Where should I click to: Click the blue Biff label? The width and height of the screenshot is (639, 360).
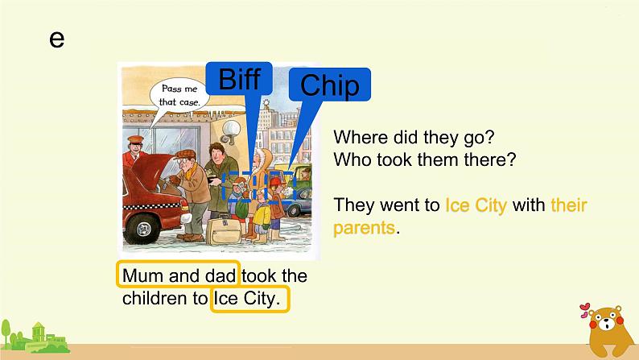point(239,78)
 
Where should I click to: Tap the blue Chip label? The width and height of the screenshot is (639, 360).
point(330,85)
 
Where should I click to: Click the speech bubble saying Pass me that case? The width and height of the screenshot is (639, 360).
point(179,95)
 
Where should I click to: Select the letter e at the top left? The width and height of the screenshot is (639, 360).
point(56,39)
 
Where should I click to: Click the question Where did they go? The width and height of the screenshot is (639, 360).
point(414,138)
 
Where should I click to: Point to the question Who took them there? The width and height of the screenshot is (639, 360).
point(425,159)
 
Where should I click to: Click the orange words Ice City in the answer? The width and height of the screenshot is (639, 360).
point(476,205)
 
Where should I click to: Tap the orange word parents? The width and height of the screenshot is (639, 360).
point(364,228)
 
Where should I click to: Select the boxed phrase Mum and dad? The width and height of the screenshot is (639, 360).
point(179,275)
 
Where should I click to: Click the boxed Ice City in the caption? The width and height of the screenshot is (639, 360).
point(249,299)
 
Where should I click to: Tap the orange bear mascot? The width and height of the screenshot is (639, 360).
point(608,331)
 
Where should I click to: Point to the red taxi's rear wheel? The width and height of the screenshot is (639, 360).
point(142,228)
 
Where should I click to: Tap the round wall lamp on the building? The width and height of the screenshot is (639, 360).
point(231,130)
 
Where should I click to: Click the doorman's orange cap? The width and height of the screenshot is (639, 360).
point(135,140)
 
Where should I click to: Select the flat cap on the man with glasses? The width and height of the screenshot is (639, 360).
point(185,154)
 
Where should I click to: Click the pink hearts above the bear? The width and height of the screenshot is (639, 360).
point(585,310)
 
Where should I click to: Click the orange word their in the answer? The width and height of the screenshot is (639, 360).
point(569,205)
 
